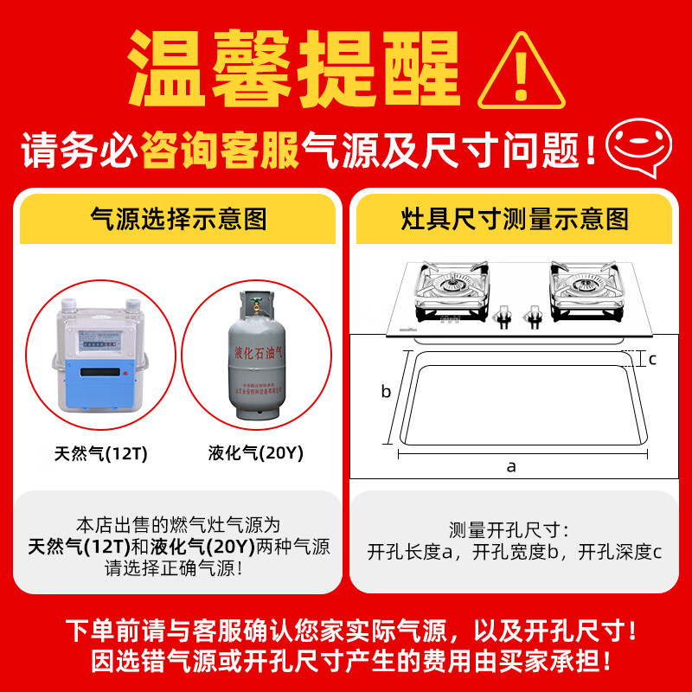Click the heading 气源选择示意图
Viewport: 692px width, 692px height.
(179, 219)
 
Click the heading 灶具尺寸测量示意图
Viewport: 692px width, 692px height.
(515, 219)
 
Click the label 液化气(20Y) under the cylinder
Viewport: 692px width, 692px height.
(256, 452)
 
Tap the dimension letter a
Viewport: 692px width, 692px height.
(511, 466)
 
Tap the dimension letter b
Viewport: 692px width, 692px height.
(387, 392)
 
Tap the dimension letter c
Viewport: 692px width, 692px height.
(653, 359)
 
